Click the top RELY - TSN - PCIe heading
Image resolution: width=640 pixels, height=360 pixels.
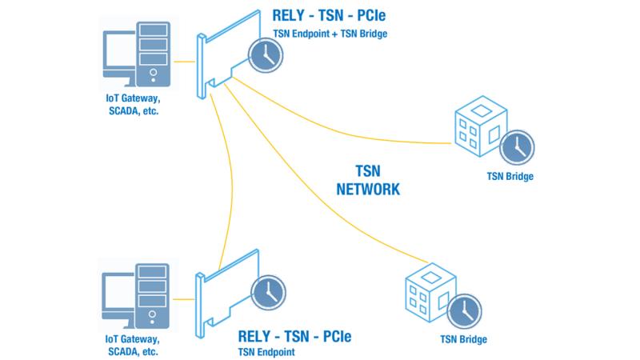point(329,15)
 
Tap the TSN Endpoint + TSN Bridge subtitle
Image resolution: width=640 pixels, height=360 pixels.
point(330,34)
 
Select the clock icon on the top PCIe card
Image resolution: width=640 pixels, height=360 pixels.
point(266,55)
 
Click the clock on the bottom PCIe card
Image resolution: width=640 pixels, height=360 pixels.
point(268,292)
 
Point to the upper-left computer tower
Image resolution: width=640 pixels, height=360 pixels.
point(153,54)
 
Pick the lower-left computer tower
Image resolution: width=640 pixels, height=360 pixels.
point(152,295)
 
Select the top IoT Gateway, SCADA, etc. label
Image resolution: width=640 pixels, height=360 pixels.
point(133,105)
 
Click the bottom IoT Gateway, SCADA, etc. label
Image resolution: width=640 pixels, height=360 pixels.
point(132,346)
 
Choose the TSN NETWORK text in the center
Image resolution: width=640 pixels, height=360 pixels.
point(368,180)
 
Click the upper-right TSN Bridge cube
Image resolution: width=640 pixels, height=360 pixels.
point(481,126)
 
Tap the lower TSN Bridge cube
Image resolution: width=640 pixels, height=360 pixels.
point(430,293)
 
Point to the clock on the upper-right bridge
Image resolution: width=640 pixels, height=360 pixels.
point(517,147)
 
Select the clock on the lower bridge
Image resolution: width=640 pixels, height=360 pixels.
point(465,311)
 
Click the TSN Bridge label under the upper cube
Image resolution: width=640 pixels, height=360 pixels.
point(510,176)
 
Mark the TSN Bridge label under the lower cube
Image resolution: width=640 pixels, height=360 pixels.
point(464,339)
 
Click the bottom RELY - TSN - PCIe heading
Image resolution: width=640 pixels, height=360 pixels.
point(294,337)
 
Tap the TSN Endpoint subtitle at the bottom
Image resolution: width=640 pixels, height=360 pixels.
point(266,352)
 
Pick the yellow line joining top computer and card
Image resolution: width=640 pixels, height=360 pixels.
point(185,62)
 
